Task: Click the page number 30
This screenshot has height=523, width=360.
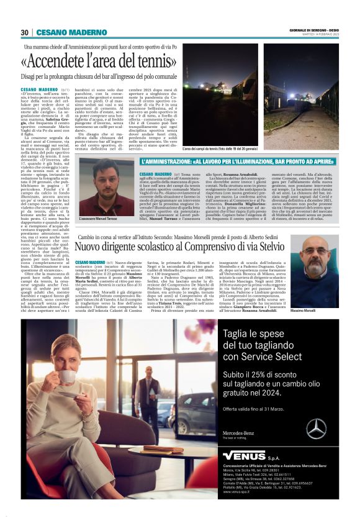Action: coord(25,32)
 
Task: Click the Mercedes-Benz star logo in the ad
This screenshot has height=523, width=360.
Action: coord(316,429)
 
